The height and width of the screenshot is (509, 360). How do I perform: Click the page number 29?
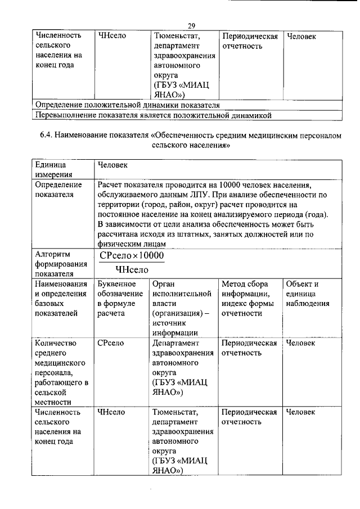(x=192, y=26)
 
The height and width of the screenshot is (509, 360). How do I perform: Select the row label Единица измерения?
(x=50, y=169)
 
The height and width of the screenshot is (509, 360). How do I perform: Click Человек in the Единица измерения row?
(x=112, y=165)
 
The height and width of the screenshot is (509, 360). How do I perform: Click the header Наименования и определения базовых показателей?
(x=61, y=299)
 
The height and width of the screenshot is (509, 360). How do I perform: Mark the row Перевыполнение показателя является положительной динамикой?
(x=154, y=115)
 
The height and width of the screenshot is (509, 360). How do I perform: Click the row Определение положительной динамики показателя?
(x=127, y=105)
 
